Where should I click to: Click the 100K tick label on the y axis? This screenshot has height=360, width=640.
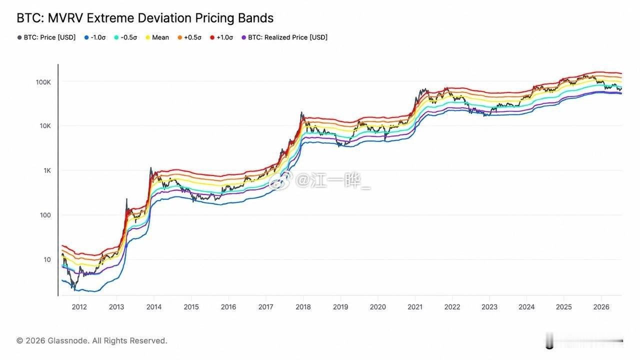coord(43,82)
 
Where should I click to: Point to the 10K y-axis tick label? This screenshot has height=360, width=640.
coord(45,125)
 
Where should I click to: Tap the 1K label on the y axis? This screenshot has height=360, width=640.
coord(47,170)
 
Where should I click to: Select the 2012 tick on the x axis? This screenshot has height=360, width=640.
coord(79,307)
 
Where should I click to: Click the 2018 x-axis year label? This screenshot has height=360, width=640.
coord(303,307)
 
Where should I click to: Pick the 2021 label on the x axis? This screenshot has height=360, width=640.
coord(415,307)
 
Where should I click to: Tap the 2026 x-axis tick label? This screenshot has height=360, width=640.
coord(601,307)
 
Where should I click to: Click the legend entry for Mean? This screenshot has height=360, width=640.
coord(157,37)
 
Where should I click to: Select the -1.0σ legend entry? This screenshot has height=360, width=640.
coord(95,37)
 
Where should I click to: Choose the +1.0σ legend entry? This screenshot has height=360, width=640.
coord(221,37)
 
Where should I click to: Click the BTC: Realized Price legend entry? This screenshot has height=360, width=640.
coord(284,37)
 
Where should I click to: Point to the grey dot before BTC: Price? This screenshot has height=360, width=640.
coord(19,37)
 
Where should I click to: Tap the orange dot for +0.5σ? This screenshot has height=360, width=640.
coord(179,37)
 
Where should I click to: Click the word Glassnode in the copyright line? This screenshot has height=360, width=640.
coord(67,340)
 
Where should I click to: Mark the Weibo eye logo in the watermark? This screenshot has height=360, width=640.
coord(280,180)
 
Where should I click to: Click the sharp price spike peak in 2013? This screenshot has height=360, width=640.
coord(126,199)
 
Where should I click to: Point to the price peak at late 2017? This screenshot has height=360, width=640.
coord(301,112)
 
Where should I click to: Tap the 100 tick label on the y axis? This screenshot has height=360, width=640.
coord(45,215)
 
